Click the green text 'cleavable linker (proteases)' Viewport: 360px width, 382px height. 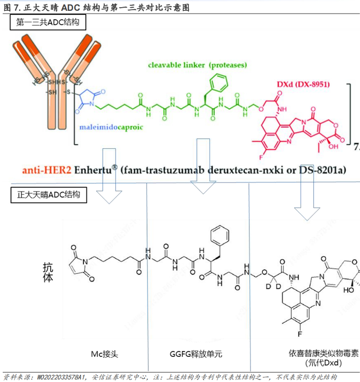pyautogui.click(x=197, y=65)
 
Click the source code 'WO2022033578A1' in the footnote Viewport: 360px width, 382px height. pyautogui.click(x=61, y=377)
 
